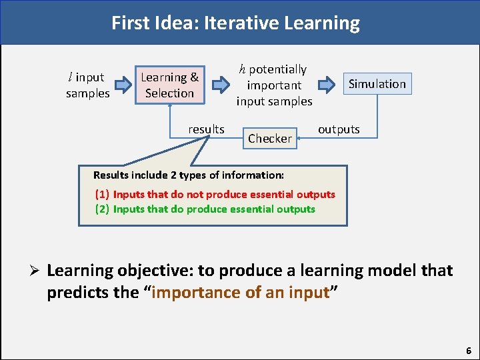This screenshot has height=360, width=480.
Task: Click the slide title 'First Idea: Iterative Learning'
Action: (x=235, y=23)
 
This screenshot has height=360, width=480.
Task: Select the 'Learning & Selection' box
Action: (x=169, y=85)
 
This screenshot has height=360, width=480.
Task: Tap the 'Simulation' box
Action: (x=377, y=84)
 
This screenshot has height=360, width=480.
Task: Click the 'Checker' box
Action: (x=270, y=139)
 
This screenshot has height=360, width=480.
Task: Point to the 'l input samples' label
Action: (x=87, y=85)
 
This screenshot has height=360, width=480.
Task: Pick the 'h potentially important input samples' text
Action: (x=274, y=85)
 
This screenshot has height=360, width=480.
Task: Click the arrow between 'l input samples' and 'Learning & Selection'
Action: (x=124, y=85)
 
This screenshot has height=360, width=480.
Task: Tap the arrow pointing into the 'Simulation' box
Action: (x=327, y=85)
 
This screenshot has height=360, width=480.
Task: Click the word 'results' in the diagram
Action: (x=206, y=129)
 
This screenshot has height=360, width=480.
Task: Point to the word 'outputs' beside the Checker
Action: (x=339, y=129)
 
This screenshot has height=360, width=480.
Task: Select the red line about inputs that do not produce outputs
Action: (x=215, y=195)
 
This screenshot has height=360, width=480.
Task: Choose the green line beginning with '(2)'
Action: (x=205, y=209)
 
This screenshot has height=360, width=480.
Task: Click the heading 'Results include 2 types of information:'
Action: (x=189, y=175)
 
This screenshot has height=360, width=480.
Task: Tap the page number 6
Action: (x=469, y=350)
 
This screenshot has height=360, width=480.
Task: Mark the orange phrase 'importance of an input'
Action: (x=241, y=293)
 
